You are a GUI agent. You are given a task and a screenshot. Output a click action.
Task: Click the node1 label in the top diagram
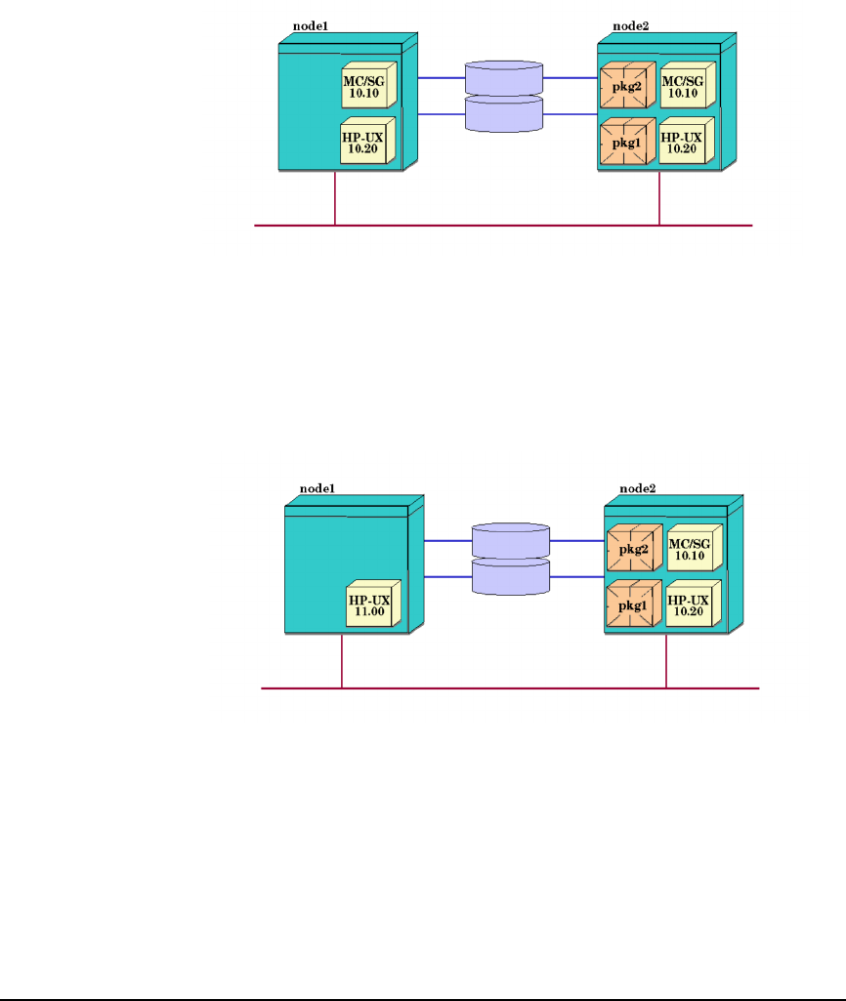click(x=311, y=26)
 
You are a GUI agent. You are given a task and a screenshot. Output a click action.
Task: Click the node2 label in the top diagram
click(x=631, y=26)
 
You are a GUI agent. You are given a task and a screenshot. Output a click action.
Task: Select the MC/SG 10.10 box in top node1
click(x=369, y=85)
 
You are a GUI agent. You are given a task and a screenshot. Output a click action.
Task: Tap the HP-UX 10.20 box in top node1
click(x=367, y=141)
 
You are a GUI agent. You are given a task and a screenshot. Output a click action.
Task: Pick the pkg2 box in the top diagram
click(x=628, y=85)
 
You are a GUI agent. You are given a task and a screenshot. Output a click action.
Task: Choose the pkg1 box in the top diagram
click(x=628, y=141)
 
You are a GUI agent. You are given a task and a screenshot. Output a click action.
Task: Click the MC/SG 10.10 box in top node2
click(x=688, y=85)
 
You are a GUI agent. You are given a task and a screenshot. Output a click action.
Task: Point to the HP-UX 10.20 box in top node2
click(x=687, y=141)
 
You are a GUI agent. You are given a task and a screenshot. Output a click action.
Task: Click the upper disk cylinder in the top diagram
click(x=504, y=78)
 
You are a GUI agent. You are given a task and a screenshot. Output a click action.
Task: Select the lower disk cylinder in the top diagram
click(x=504, y=114)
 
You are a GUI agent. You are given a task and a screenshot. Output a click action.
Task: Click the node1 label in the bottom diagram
click(x=317, y=488)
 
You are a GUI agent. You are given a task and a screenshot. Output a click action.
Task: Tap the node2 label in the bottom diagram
click(x=638, y=488)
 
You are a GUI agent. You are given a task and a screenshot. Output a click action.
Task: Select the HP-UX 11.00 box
click(x=373, y=604)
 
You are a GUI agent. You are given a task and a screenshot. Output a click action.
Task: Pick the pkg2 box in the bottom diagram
click(x=635, y=548)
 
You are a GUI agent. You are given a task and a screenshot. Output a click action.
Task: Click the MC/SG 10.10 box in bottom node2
click(x=695, y=548)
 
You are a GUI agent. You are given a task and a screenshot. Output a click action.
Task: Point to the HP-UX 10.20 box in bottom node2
click(x=694, y=604)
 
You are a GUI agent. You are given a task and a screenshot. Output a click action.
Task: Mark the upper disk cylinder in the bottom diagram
click(x=511, y=541)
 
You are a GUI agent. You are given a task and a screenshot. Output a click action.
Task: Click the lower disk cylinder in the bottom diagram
click(x=511, y=577)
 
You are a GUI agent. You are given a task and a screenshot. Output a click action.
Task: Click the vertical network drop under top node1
click(x=335, y=198)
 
